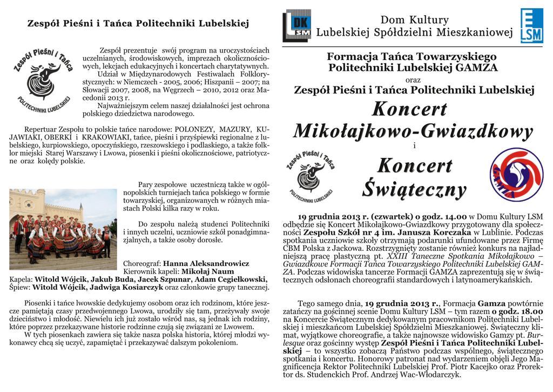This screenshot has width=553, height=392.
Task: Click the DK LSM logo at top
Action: (296, 25)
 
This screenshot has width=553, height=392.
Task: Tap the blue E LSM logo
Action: (531, 25)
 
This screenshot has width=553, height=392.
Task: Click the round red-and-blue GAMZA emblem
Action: (516, 175)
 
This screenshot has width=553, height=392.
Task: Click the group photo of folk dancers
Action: (63, 229)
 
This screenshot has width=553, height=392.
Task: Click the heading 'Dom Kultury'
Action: (415, 20)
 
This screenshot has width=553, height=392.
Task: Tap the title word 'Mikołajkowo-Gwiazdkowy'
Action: (413, 131)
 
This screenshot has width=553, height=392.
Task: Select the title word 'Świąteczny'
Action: (414, 189)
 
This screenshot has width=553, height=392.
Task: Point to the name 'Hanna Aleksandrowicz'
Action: (206, 263)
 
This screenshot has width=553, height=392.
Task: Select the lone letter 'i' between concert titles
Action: (414, 146)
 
